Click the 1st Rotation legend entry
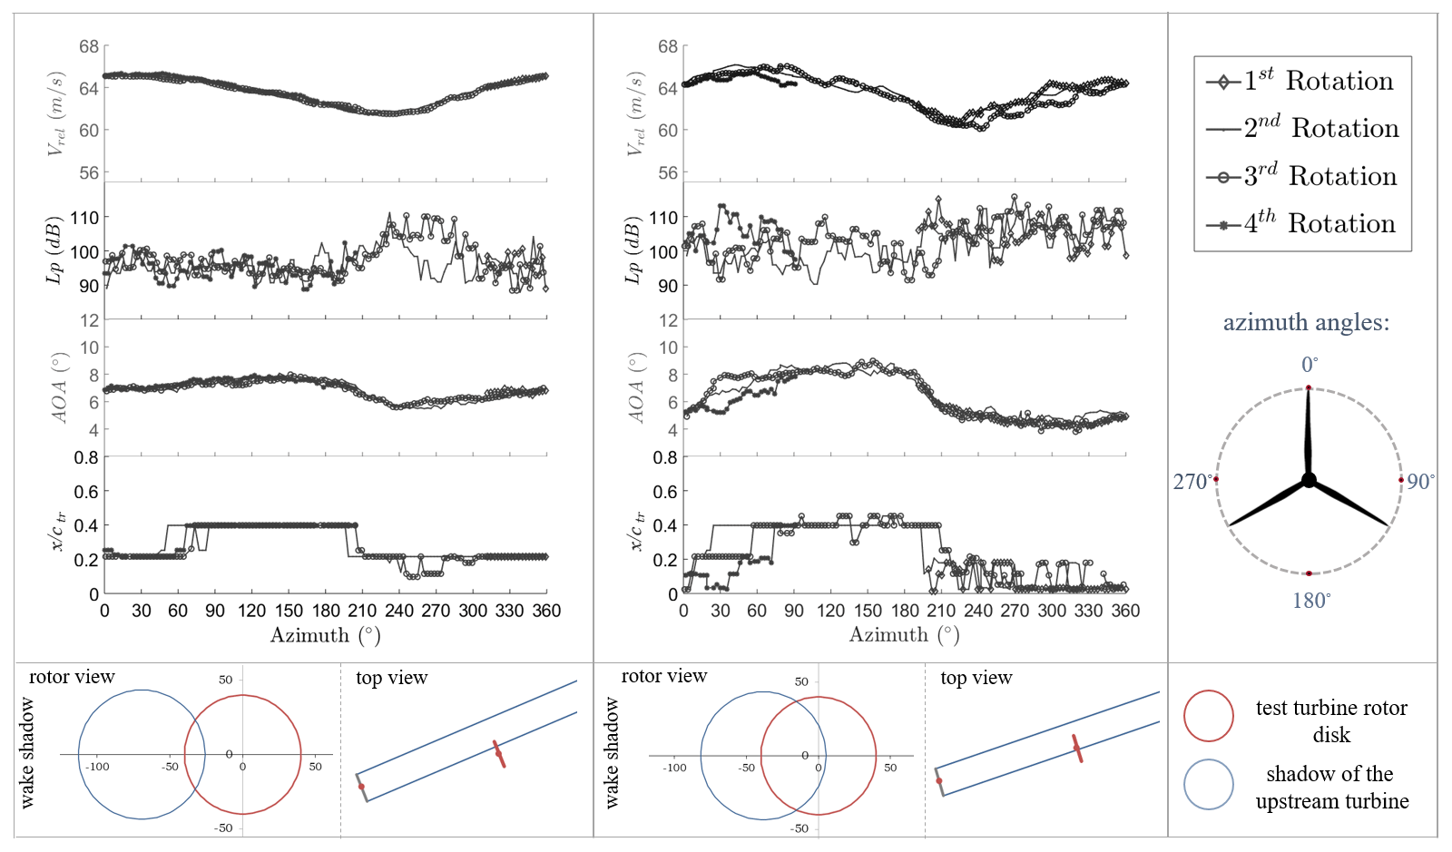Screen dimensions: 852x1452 [1302, 81]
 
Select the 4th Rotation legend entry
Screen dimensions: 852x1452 [1302, 223]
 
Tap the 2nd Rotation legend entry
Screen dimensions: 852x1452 [1302, 128]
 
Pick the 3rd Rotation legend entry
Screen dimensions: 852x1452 [1302, 176]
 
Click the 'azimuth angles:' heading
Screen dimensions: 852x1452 [1306, 323]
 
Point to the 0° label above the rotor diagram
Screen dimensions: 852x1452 [1310, 365]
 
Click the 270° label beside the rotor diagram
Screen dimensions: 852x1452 [1192, 482]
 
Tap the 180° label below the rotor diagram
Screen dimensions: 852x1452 [1311, 601]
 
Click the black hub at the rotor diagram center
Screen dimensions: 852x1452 [1309, 480]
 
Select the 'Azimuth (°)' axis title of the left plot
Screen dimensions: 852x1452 [325, 635]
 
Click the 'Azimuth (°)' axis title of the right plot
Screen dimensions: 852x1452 [904, 635]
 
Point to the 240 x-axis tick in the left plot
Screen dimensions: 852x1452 [399, 611]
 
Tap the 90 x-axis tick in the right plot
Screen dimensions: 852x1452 [794, 611]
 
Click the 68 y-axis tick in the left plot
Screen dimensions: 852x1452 [89, 46]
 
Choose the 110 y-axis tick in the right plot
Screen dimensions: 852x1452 [663, 218]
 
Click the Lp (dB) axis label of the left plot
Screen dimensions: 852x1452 [54, 250]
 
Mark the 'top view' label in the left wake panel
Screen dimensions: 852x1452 [391, 678]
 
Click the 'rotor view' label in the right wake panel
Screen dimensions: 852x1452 [663, 676]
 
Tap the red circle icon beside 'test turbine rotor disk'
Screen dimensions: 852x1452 [1208, 716]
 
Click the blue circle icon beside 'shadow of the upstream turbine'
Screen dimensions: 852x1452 [1208, 784]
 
